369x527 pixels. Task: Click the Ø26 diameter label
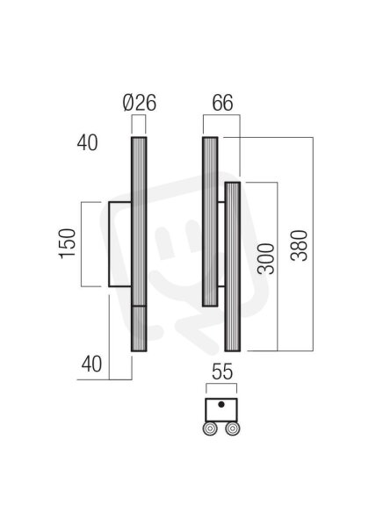click(x=140, y=103)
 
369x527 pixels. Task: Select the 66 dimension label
click(x=222, y=103)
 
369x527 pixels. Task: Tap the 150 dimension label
click(x=68, y=244)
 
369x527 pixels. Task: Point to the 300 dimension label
click(x=266, y=259)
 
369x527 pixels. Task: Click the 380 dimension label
click(x=299, y=246)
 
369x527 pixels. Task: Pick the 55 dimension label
click(x=222, y=372)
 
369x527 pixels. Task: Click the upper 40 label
click(x=87, y=142)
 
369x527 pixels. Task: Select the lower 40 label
click(x=91, y=364)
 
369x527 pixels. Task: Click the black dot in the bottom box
click(x=221, y=404)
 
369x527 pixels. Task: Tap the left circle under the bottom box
click(x=210, y=429)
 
